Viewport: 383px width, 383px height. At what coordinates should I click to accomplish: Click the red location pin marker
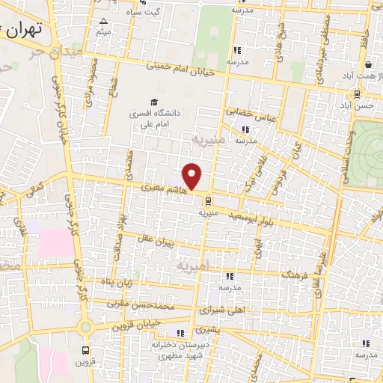(192, 176)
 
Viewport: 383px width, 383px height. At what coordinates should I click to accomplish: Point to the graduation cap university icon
(154, 102)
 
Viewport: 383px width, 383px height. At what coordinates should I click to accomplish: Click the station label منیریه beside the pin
(207, 212)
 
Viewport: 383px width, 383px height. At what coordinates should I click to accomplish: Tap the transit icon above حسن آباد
(358, 94)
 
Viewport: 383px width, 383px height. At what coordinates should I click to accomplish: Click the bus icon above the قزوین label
(85, 349)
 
